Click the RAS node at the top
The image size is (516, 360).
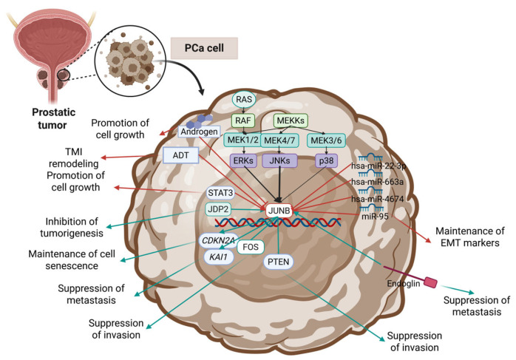[x=245, y=100]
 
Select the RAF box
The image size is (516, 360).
[x=245, y=120]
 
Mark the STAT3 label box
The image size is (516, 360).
[x=222, y=194]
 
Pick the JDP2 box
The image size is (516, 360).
[x=222, y=211]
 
